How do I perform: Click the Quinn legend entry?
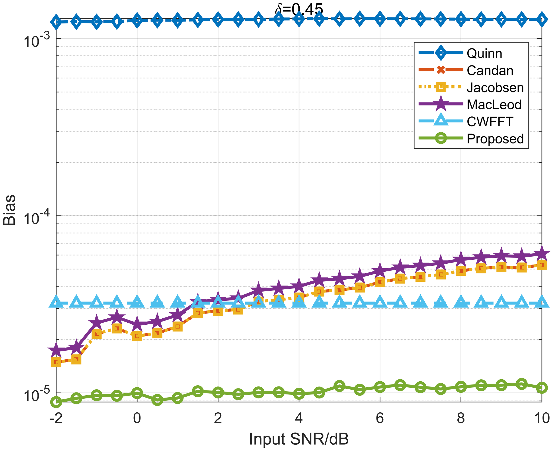484,53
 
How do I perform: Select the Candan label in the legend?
490,71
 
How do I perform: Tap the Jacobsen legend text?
495,88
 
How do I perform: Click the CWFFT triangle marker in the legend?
441,121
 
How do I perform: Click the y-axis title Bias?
9,210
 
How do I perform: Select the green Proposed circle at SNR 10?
542,388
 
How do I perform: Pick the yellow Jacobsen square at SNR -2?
56,362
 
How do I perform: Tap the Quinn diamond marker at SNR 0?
137,20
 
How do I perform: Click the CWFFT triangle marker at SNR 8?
461,302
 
